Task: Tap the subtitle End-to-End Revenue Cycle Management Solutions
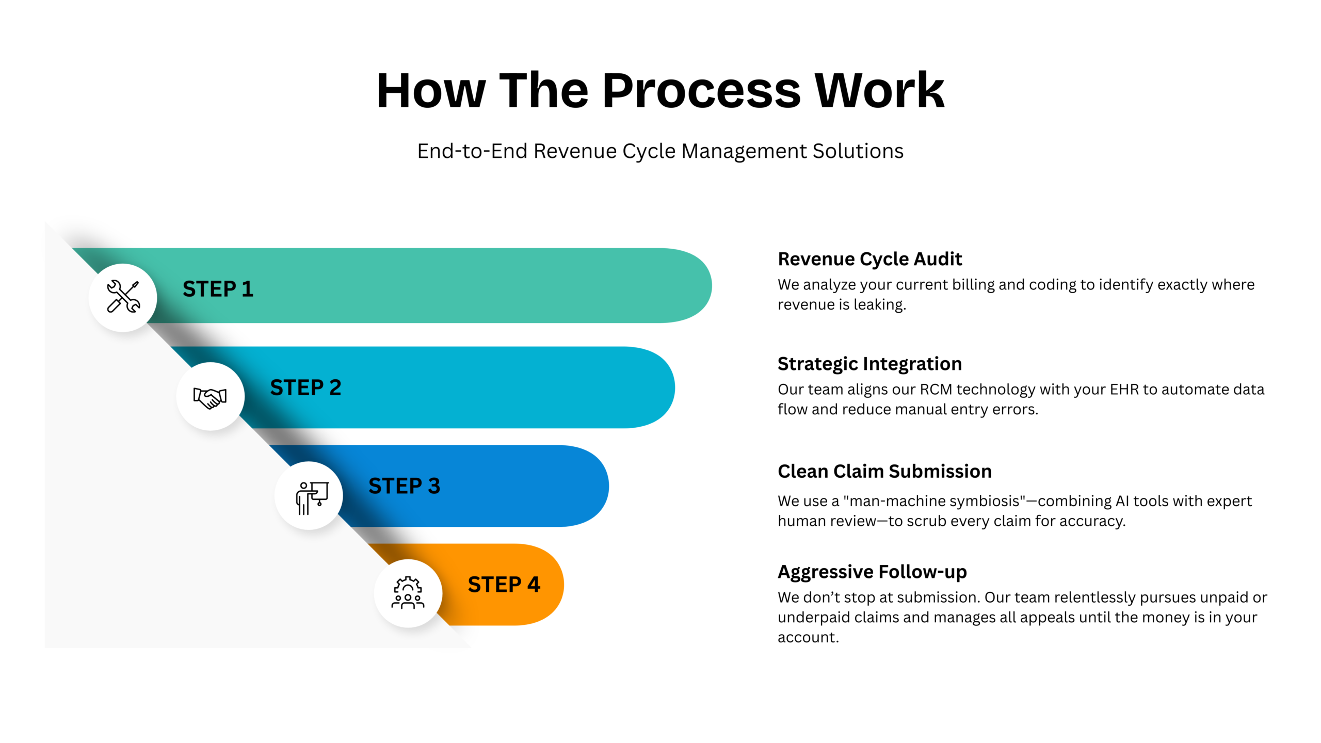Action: tap(660, 151)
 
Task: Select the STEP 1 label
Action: tap(218, 289)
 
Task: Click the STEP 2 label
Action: tap(305, 387)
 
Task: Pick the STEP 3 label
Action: tap(404, 486)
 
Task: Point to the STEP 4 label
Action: tap(504, 585)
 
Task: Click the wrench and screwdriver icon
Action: tap(123, 297)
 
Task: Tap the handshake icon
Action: tap(210, 397)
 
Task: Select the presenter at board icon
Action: tap(311, 497)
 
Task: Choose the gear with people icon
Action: tap(408, 593)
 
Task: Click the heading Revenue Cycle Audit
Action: tap(869, 259)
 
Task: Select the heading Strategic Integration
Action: tap(869, 364)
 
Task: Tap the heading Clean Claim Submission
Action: tap(884, 472)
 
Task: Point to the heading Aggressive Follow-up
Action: tap(872, 572)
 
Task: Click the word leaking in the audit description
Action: tap(879, 305)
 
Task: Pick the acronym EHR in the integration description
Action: tap(1124, 390)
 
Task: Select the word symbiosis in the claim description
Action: tap(980, 501)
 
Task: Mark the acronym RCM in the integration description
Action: tap(936, 390)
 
